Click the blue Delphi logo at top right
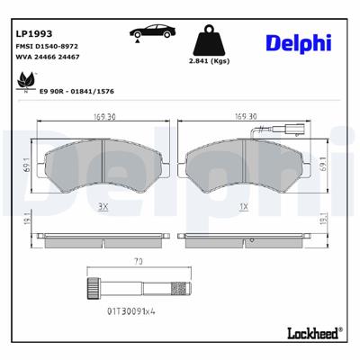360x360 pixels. (x=298, y=42)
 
